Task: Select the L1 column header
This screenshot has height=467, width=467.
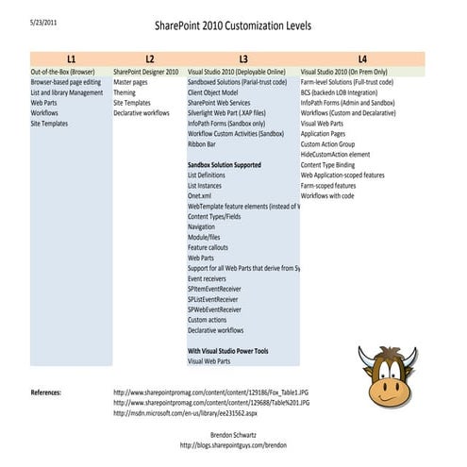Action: point(71,58)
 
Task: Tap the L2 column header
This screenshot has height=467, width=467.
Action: point(148,58)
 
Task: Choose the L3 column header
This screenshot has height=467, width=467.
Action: point(242,58)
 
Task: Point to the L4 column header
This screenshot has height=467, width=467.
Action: point(362,58)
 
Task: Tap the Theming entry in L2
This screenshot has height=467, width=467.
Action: point(125,92)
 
